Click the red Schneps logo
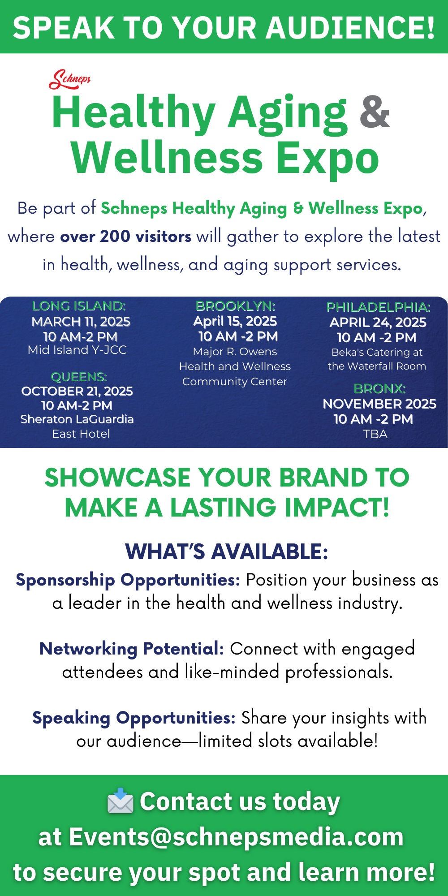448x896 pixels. (x=70, y=79)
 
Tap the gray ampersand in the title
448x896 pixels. (x=375, y=112)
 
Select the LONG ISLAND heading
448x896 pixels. (x=79, y=306)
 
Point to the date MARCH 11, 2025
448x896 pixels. (x=81, y=321)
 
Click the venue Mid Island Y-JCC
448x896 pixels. (x=77, y=350)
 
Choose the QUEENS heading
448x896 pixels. (x=79, y=377)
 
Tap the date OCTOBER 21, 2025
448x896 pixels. (x=77, y=391)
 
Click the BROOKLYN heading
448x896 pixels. (x=236, y=306)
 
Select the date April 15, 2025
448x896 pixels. (x=235, y=321)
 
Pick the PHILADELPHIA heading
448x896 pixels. (x=379, y=307)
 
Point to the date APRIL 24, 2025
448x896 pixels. (x=378, y=322)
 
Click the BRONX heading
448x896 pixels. (x=380, y=388)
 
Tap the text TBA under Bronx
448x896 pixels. (x=375, y=434)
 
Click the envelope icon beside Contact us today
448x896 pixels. (x=121, y=801)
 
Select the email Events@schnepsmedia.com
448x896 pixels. (x=237, y=837)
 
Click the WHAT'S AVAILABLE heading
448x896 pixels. (x=227, y=551)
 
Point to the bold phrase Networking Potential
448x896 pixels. (x=132, y=649)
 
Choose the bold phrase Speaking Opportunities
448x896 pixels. (x=134, y=718)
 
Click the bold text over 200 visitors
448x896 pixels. (x=126, y=236)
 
